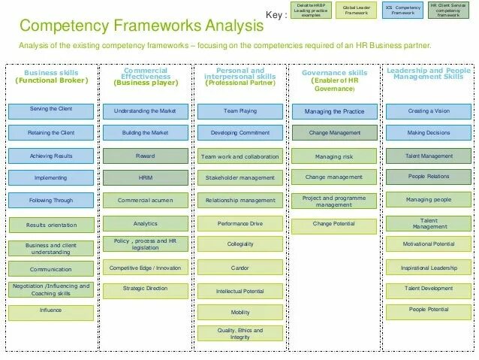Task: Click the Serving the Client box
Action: pos(50,110)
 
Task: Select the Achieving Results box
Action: pos(50,156)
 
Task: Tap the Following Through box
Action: pos(50,201)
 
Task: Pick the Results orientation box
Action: pos(50,225)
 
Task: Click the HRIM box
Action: pos(145,178)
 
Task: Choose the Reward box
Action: pos(145,156)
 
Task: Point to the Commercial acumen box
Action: pos(145,201)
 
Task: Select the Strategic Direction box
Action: pos(145,289)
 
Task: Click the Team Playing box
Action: pos(239,110)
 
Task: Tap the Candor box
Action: pos(239,267)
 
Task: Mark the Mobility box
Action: pos(239,312)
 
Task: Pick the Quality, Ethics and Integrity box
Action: pos(239,334)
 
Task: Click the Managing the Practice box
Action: pos(334,111)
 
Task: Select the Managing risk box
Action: pos(334,156)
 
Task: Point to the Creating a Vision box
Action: pos(429,110)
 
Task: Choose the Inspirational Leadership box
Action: pos(429,267)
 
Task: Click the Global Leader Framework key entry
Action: pos(356,11)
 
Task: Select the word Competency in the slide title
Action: pos(63,26)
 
